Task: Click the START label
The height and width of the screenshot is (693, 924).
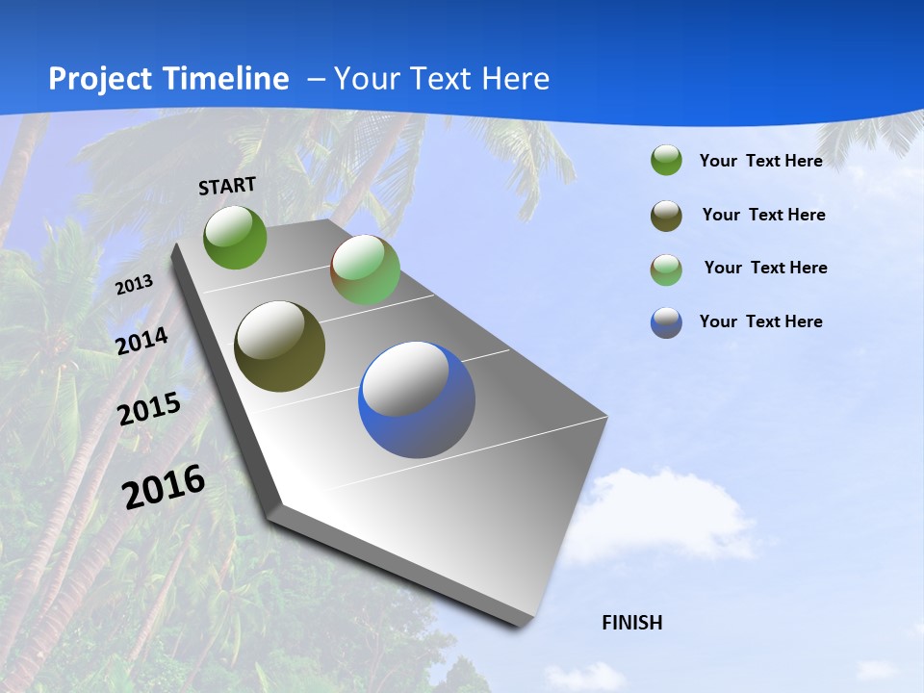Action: (x=227, y=185)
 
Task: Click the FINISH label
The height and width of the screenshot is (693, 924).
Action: (x=632, y=623)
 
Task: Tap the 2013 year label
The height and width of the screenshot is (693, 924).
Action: (x=134, y=284)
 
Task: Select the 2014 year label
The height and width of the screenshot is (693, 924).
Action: (x=141, y=341)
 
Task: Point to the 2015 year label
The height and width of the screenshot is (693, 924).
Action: (x=149, y=409)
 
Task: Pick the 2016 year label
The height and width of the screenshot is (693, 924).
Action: (x=164, y=487)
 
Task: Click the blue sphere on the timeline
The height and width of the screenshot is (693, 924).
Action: (x=417, y=399)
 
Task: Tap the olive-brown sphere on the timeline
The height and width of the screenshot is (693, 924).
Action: (x=280, y=346)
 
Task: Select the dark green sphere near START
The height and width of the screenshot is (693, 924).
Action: (x=235, y=237)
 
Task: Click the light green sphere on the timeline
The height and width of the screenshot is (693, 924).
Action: (x=365, y=269)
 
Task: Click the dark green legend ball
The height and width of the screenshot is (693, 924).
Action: (x=666, y=161)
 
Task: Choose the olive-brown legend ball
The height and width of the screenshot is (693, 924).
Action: (x=666, y=216)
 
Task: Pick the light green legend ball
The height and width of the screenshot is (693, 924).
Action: (x=666, y=269)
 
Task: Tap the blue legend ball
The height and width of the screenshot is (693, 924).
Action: (x=666, y=322)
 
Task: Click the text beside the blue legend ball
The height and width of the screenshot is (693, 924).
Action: (x=760, y=321)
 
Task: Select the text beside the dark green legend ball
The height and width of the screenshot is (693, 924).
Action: (x=760, y=161)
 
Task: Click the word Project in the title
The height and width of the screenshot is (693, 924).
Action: (x=99, y=79)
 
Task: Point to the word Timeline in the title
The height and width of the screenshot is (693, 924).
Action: (x=227, y=79)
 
